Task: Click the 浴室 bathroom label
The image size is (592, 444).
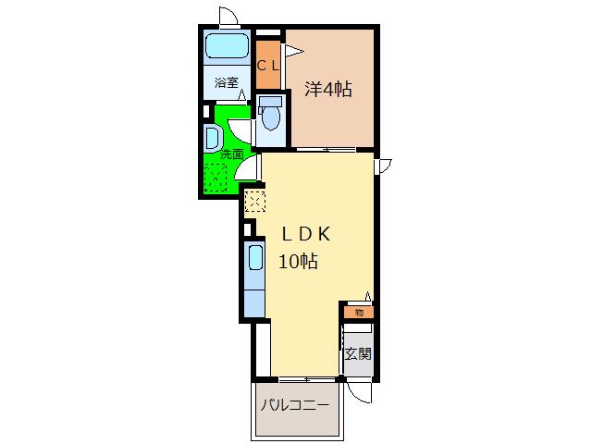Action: coord(226,82)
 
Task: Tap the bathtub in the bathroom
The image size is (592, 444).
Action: coord(228,45)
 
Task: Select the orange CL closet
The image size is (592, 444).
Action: coord(268,65)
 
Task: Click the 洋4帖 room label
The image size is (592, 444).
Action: coord(328,90)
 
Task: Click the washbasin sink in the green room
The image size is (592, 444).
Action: coord(212,138)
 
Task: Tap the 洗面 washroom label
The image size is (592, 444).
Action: coord(232,154)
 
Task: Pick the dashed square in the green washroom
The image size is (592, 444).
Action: coord(216,177)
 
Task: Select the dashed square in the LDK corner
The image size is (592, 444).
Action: coord(255,201)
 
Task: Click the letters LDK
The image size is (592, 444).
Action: coord(306,234)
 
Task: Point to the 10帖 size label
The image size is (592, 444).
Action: coord(298,261)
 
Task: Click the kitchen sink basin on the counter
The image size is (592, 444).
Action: coord(255,258)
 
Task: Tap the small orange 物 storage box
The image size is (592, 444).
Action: coord(359,313)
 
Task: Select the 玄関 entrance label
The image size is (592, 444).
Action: coord(358,354)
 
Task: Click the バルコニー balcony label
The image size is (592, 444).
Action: coord(295,406)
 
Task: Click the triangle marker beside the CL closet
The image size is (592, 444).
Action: coord(294,51)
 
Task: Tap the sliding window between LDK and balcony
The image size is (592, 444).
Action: coord(308,379)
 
